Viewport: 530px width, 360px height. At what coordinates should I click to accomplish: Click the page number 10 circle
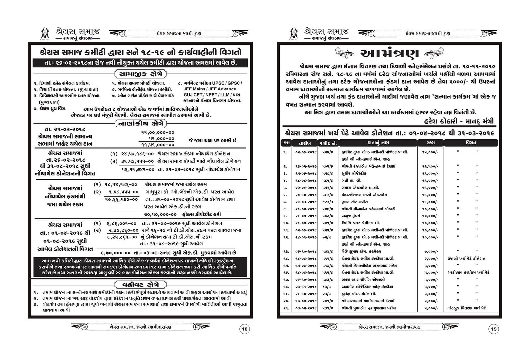pyautogui.click(x=245, y=329)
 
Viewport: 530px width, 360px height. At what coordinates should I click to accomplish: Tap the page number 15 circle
pyautogui.click(x=493, y=329)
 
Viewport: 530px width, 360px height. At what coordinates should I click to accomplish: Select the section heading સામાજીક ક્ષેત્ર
pyautogui.click(x=140, y=74)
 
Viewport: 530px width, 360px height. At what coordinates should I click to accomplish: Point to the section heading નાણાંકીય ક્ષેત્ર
pyautogui.click(x=140, y=124)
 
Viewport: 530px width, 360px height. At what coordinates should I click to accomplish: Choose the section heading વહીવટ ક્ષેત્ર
pyautogui.click(x=140, y=285)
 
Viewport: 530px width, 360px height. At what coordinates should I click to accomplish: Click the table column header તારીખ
pyautogui.click(x=304, y=143)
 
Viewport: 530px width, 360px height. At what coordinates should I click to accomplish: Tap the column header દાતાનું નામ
pyautogui.click(x=378, y=143)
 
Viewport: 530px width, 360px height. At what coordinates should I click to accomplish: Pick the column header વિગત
pyautogui.click(x=470, y=143)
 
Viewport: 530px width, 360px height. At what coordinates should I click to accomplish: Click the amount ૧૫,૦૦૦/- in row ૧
pyautogui.click(x=430, y=152)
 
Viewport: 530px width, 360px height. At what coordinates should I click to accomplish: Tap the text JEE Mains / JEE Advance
pyautogui.click(x=210, y=89)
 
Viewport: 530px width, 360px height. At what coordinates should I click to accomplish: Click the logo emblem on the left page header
pyautogui.click(x=45, y=34)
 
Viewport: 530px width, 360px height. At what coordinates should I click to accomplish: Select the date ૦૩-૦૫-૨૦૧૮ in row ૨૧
pyautogui.click(x=306, y=308)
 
